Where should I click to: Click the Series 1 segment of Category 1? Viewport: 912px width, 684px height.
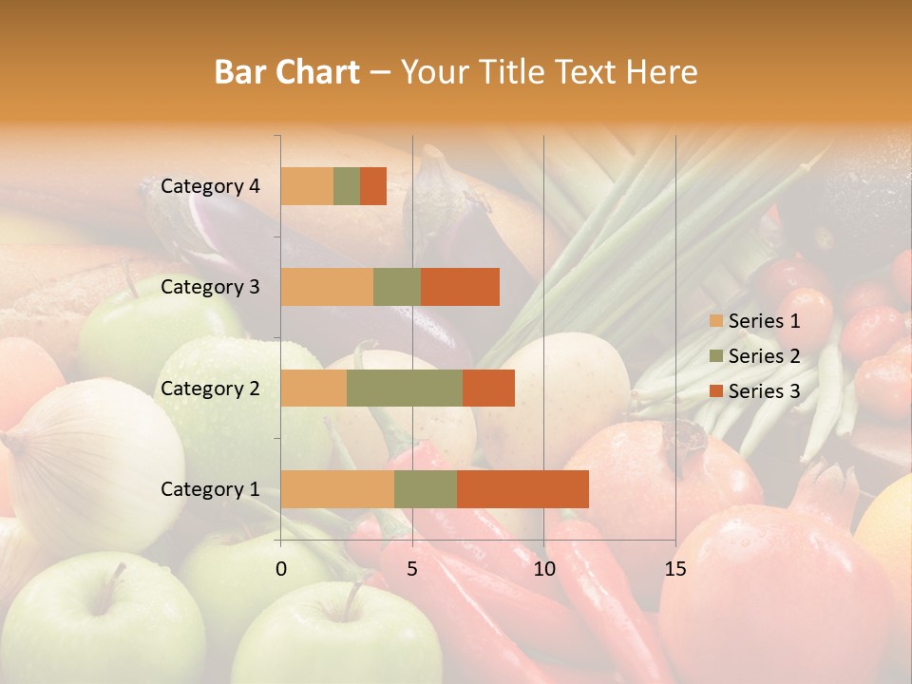[337, 488]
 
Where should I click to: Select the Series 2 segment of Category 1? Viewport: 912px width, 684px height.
[426, 488]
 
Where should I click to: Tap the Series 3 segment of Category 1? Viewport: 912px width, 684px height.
[522, 488]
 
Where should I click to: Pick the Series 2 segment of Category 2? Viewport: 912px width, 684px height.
[405, 388]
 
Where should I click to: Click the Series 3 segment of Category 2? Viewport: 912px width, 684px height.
[488, 388]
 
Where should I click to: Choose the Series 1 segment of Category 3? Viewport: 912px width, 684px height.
[327, 287]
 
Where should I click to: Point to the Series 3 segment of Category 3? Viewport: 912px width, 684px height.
[460, 287]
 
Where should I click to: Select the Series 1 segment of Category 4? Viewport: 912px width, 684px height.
[307, 186]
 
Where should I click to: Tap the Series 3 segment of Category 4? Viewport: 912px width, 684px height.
[373, 186]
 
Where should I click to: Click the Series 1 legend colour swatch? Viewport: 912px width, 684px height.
[715, 321]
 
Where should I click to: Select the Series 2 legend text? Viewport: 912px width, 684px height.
[764, 356]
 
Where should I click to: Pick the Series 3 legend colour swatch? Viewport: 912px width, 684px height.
[715, 391]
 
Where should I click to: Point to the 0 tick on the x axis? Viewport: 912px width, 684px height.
[281, 569]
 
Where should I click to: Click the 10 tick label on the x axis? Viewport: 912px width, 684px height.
[543, 569]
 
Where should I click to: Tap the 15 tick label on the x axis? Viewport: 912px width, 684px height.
[674, 569]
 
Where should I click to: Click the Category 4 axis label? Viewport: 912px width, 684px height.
[210, 186]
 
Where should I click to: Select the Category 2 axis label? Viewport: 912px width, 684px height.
[210, 388]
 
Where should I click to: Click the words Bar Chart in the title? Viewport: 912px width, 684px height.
[287, 72]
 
